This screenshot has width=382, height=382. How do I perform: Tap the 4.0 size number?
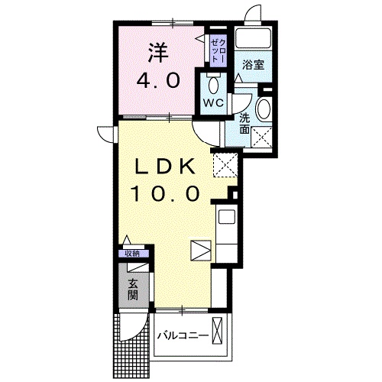tap(157, 80)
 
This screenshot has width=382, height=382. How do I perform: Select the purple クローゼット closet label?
tap(218, 49)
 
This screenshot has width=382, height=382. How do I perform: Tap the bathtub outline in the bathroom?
tap(253, 39)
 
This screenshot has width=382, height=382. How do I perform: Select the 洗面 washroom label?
tap(244, 124)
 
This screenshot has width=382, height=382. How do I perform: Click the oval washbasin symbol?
tap(264, 108)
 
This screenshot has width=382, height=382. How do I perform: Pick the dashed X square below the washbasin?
tap(264, 138)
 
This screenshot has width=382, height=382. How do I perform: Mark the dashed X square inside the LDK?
tap(225, 164)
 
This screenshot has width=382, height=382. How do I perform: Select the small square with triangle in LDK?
tap(200, 250)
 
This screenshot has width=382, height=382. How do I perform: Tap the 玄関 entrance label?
tap(134, 290)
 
